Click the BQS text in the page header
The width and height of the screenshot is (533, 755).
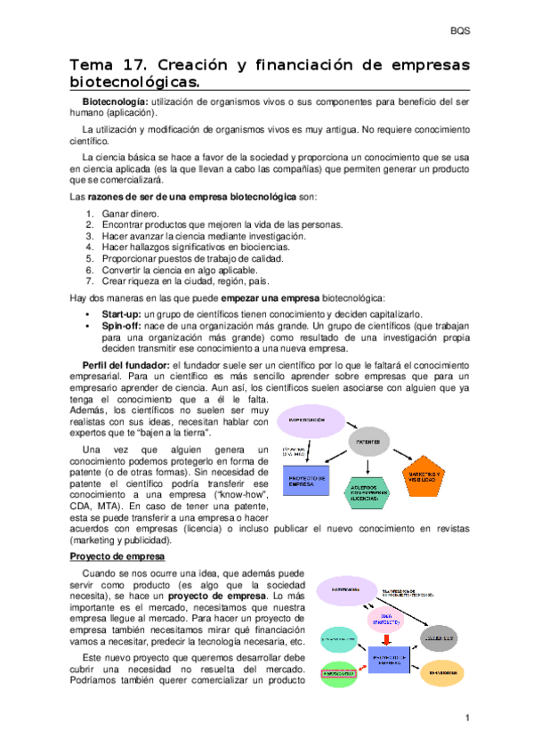462,31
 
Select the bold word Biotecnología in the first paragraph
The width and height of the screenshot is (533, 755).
114,103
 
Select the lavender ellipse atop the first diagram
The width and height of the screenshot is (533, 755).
309,419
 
